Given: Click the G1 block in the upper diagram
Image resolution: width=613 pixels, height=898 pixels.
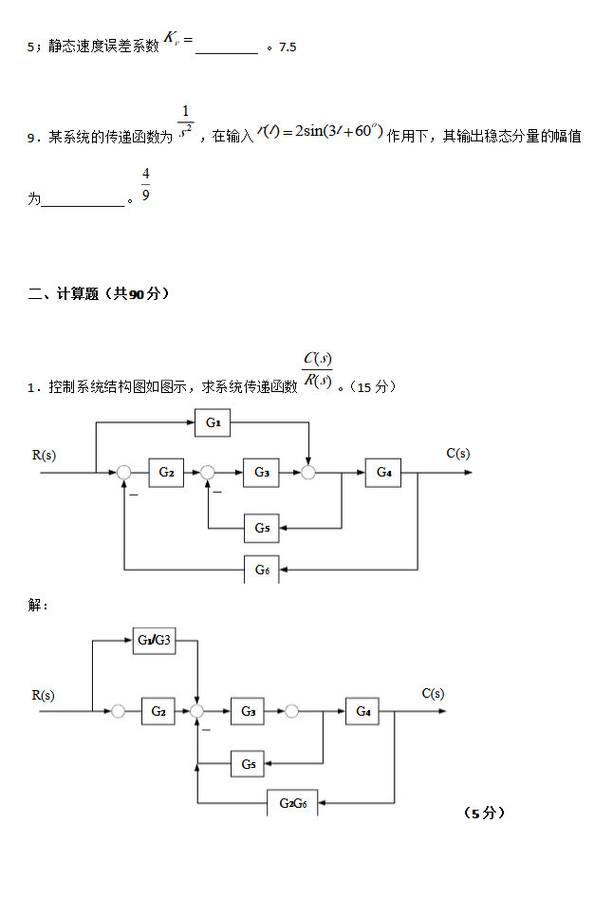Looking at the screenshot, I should pyautogui.click(x=213, y=422).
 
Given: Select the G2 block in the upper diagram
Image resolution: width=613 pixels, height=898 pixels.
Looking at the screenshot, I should pyautogui.click(x=166, y=472).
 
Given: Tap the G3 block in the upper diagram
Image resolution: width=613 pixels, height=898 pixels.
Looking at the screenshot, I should pyautogui.click(x=261, y=472).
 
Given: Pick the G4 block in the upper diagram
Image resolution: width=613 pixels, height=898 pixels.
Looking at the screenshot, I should pyautogui.click(x=383, y=472).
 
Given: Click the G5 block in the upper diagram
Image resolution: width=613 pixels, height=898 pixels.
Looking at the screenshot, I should pyautogui.click(x=261, y=527).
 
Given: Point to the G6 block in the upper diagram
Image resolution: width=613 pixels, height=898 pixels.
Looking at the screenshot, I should pyautogui.click(x=261, y=570).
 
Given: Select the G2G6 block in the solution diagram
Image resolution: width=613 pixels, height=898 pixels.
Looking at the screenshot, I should pyautogui.click(x=292, y=803).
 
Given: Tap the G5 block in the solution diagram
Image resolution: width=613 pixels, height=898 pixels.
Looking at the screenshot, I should pyautogui.click(x=247, y=763).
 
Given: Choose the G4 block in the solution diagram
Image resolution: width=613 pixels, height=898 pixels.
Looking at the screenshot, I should pyautogui.click(x=362, y=710).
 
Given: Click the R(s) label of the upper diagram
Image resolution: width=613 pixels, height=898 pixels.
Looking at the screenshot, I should pyautogui.click(x=44, y=455).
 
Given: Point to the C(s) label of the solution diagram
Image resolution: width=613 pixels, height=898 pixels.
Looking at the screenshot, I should pyautogui.click(x=433, y=693).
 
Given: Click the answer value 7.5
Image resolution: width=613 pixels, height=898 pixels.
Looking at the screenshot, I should pyautogui.click(x=288, y=47).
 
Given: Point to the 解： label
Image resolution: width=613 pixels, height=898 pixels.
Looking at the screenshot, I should pyautogui.click(x=38, y=605).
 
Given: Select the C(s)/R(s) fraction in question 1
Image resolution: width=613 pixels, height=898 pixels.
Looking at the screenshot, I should pyautogui.click(x=316, y=370).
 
